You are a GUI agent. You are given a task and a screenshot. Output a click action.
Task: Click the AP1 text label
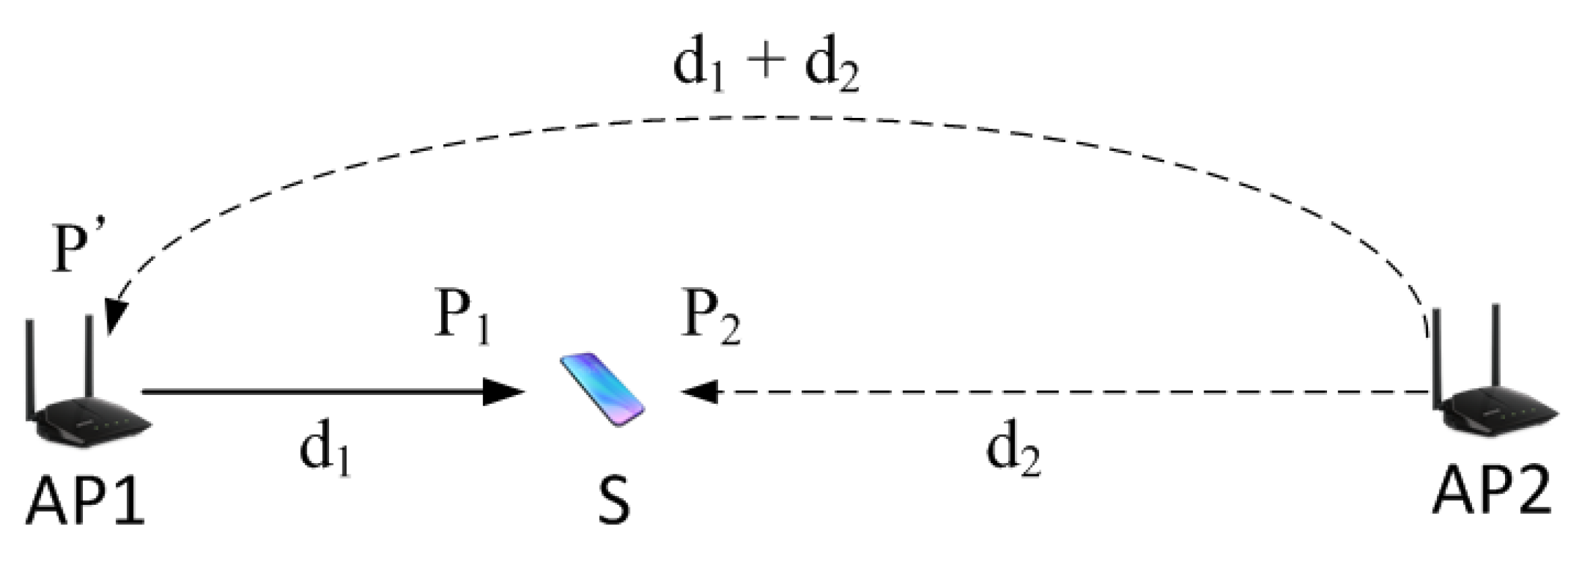(85, 502)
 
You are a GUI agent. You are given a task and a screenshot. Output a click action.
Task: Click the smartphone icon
(602, 389)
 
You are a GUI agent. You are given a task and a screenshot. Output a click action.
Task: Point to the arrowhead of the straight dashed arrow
(699, 391)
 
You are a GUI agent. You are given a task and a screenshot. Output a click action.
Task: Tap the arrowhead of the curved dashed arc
(115, 317)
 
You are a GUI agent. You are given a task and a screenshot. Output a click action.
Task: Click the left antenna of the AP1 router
(30, 371)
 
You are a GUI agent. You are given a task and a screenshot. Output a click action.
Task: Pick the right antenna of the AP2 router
(1496, 357)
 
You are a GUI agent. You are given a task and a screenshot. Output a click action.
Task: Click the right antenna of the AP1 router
(88, 357)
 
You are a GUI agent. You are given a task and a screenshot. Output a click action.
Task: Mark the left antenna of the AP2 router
(1436, 361)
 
